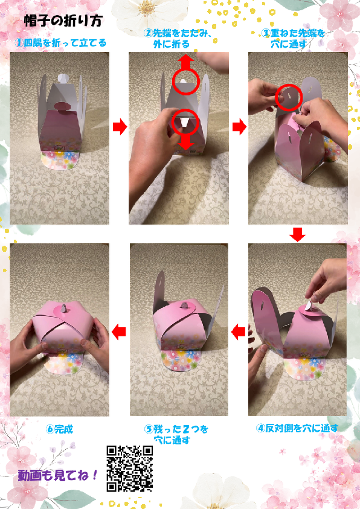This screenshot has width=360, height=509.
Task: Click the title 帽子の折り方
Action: [x=63, y=21]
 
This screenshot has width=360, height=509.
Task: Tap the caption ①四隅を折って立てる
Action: [x=60, y=43]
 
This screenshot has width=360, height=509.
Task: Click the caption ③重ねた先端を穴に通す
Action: [x=293, y=38]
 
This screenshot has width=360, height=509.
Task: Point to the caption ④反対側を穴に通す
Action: [x=297, y=428]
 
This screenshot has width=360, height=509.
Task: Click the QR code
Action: [x=129, y=469]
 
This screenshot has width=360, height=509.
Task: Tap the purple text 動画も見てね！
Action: [x=58, y=476]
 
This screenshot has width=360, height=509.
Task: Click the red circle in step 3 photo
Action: [x=289, y=97]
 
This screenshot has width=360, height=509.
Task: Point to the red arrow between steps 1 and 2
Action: [x=120, y=127]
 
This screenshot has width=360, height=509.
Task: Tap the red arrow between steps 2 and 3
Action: [x=240, y=127]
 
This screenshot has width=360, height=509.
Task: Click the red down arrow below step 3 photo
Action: [x=297, y=234]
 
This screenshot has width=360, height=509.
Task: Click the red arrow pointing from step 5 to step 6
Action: [x=119, y=331]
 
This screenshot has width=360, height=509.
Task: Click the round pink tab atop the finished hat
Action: [x=63, y=309]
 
